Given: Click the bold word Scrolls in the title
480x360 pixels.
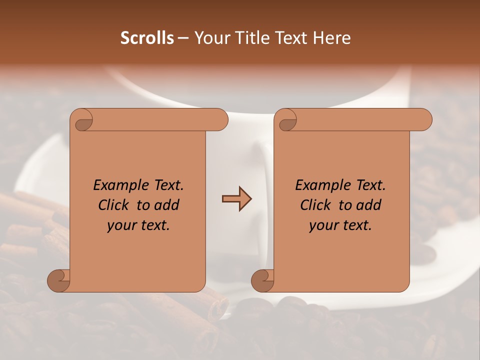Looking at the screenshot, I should [147, 38].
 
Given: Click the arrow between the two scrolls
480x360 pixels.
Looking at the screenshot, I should [236, 199].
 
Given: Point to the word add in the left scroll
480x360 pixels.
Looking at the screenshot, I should [167, 205].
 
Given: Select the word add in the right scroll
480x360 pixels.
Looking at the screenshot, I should [369, 205].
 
